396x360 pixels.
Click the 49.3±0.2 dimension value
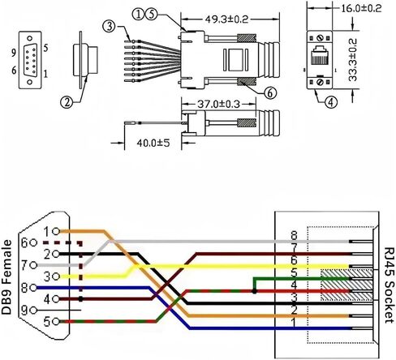pyautogui.click(x=226, y=19)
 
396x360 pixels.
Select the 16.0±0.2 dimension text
pyautogui.click(x=361, y=8)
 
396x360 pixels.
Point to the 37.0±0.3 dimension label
pyautogui.click(x=218, y=104)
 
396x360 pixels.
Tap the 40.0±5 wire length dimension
pyautogui.click(x=153, y=143)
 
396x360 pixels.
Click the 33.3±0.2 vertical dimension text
pyautogui.click(x=353, y=60)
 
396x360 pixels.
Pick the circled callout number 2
pyautogui.click(x=67, y=102)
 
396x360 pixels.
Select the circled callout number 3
pyautogui.click(x=109, y=27)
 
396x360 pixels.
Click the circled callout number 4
pyautogui.click(x=331, y=102)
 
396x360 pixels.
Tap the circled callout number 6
pyautogui.click(x=270, y=93)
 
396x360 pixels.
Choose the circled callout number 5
pyautogui.click(x=152, y=15)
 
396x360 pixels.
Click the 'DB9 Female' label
pyautogui.click(x=6, y=277)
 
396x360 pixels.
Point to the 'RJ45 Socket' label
pyautogui.click(x=390, y=285)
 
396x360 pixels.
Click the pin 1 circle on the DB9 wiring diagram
pyautogui.click(x=56, y=231)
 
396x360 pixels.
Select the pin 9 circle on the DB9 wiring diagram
pyautogui.click(x=33, y=311)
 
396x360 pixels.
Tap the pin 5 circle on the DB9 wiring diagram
pyautogui.click(x=56, y=322)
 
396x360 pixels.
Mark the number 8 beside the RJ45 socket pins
pyautogui.click(x=294, y=235)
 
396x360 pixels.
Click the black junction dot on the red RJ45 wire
pyautogui.click(x=254, y=291)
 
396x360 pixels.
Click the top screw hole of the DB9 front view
pyautogui.click(x=30, y=38)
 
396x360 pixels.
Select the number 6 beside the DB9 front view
pyautogui.click(x=14, y=71)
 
